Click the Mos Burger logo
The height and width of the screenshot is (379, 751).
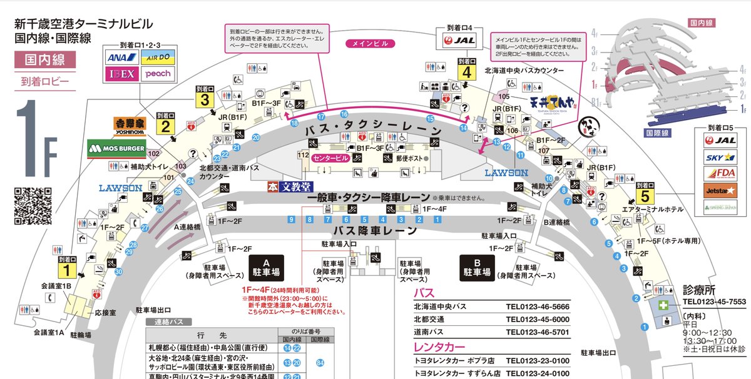point(117,149)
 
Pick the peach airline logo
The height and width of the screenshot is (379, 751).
point(157,74)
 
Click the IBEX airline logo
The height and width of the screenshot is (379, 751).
point(122,74)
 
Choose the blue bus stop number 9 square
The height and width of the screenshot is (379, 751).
point(291,219)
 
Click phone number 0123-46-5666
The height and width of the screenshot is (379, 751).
point(539,307)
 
